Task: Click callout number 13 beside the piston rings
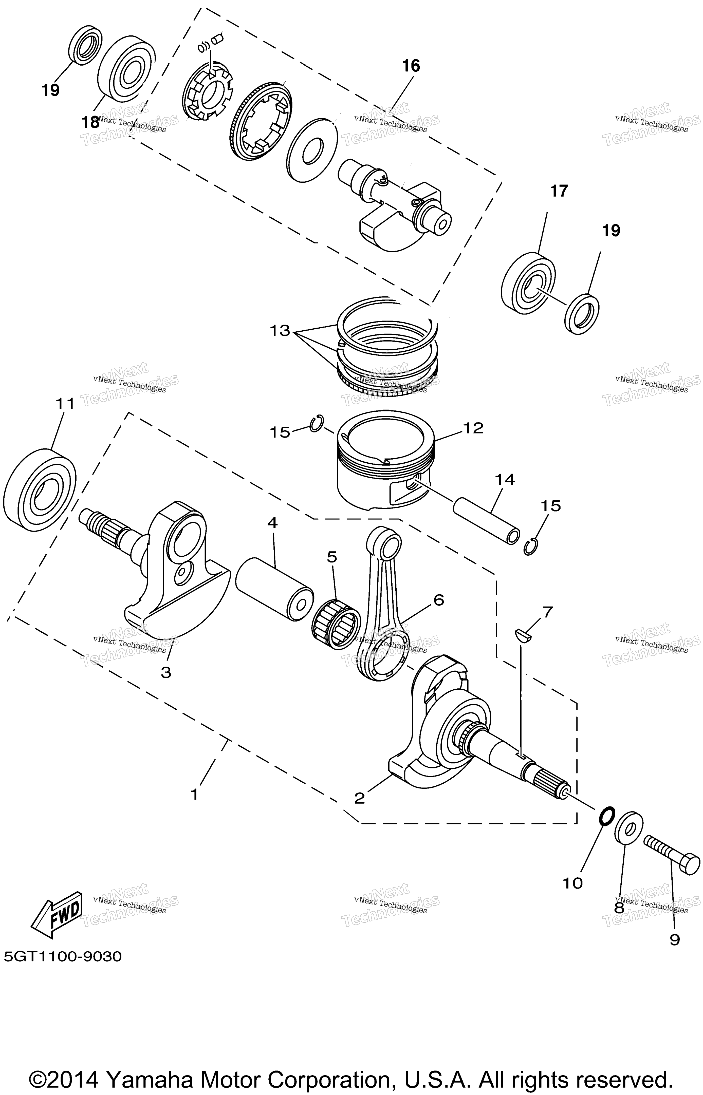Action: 280,331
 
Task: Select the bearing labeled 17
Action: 529,283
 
